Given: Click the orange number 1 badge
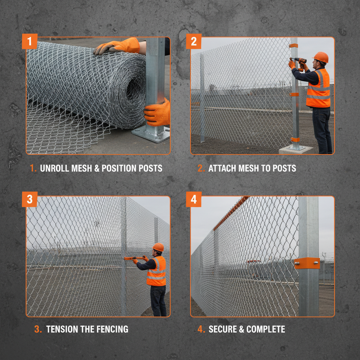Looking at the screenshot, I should tap(30, 41).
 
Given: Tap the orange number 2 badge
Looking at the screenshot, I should tap(194, 41).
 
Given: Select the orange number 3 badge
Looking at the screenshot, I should tap(30, 199).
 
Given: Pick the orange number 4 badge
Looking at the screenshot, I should tap(194, 199).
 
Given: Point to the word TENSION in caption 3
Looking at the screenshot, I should tap(62, 329).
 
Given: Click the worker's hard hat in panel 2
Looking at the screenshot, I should tap(320, 57).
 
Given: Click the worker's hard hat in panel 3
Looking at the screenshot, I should tap(159, 247).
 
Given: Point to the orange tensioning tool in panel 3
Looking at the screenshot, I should tap(134, 258).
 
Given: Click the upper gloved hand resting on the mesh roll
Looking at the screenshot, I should tap(118, 46).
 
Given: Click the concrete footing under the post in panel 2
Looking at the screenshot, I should tap(295, 149).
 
